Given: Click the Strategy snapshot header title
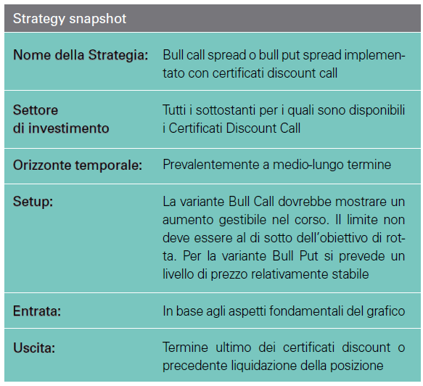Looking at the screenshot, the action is click(x=70, y=19).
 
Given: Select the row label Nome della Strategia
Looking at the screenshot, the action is click(x=81, y=55).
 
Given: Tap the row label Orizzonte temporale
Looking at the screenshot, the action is click(x=78, y=165).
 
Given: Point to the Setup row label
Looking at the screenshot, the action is click(x=33, y=202).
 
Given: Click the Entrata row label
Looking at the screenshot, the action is click(x=37, y=311).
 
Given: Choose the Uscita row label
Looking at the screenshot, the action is click(x=34, y=348).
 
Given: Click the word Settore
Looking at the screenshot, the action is click(x=36, y=110).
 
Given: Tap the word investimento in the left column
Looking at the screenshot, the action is click(x=69, y=128).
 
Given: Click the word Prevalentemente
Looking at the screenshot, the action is click(x=211, y=165).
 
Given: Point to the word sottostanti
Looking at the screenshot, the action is click(x=226, y=110).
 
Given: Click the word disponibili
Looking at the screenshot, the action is click(x=377, y=110).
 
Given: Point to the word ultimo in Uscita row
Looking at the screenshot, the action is click(x=234, y=348).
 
